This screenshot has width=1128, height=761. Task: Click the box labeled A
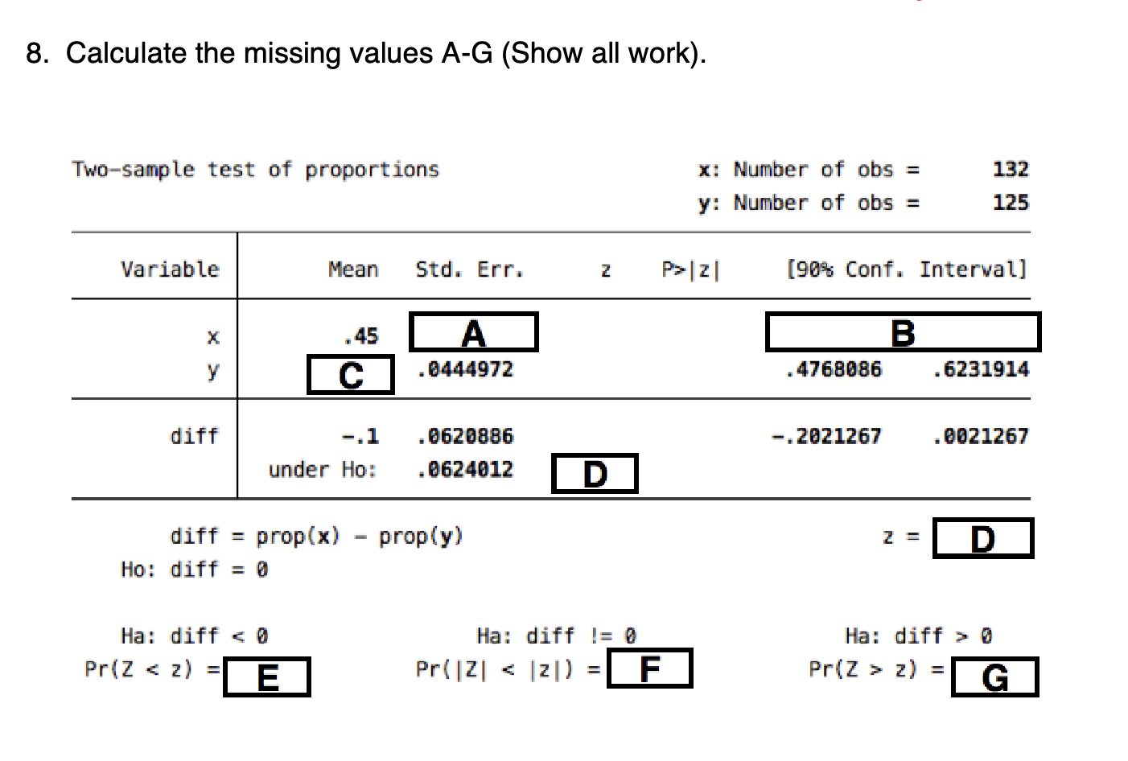coord(473,332)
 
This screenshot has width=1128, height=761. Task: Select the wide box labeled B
coord(902,332)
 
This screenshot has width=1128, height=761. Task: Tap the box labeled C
coord(351,375)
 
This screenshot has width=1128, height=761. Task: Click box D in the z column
coord(594,474)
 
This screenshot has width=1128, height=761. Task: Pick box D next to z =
coord(982,539)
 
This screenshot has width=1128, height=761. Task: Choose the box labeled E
coord(266,677)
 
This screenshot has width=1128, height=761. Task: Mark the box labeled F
coord(649,668)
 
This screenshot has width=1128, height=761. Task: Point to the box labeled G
coord(994,677)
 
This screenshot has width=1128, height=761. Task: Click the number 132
coord(1010,169)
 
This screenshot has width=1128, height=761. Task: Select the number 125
coord(1010,203)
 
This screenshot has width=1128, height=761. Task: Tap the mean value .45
coord(360,336)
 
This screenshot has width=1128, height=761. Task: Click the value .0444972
coord(464,370)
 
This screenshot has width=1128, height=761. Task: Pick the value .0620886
coord(464,437)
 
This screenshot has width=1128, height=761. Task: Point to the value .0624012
coord(464,470)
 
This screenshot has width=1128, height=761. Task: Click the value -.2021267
coord(826,437)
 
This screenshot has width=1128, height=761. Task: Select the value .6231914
coord(980,370)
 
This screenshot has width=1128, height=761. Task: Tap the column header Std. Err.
coord(469,269)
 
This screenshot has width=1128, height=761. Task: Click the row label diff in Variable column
coord(194,437)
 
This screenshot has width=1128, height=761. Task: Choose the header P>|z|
coord(690,269)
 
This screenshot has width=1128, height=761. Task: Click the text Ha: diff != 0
coord(556,636)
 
